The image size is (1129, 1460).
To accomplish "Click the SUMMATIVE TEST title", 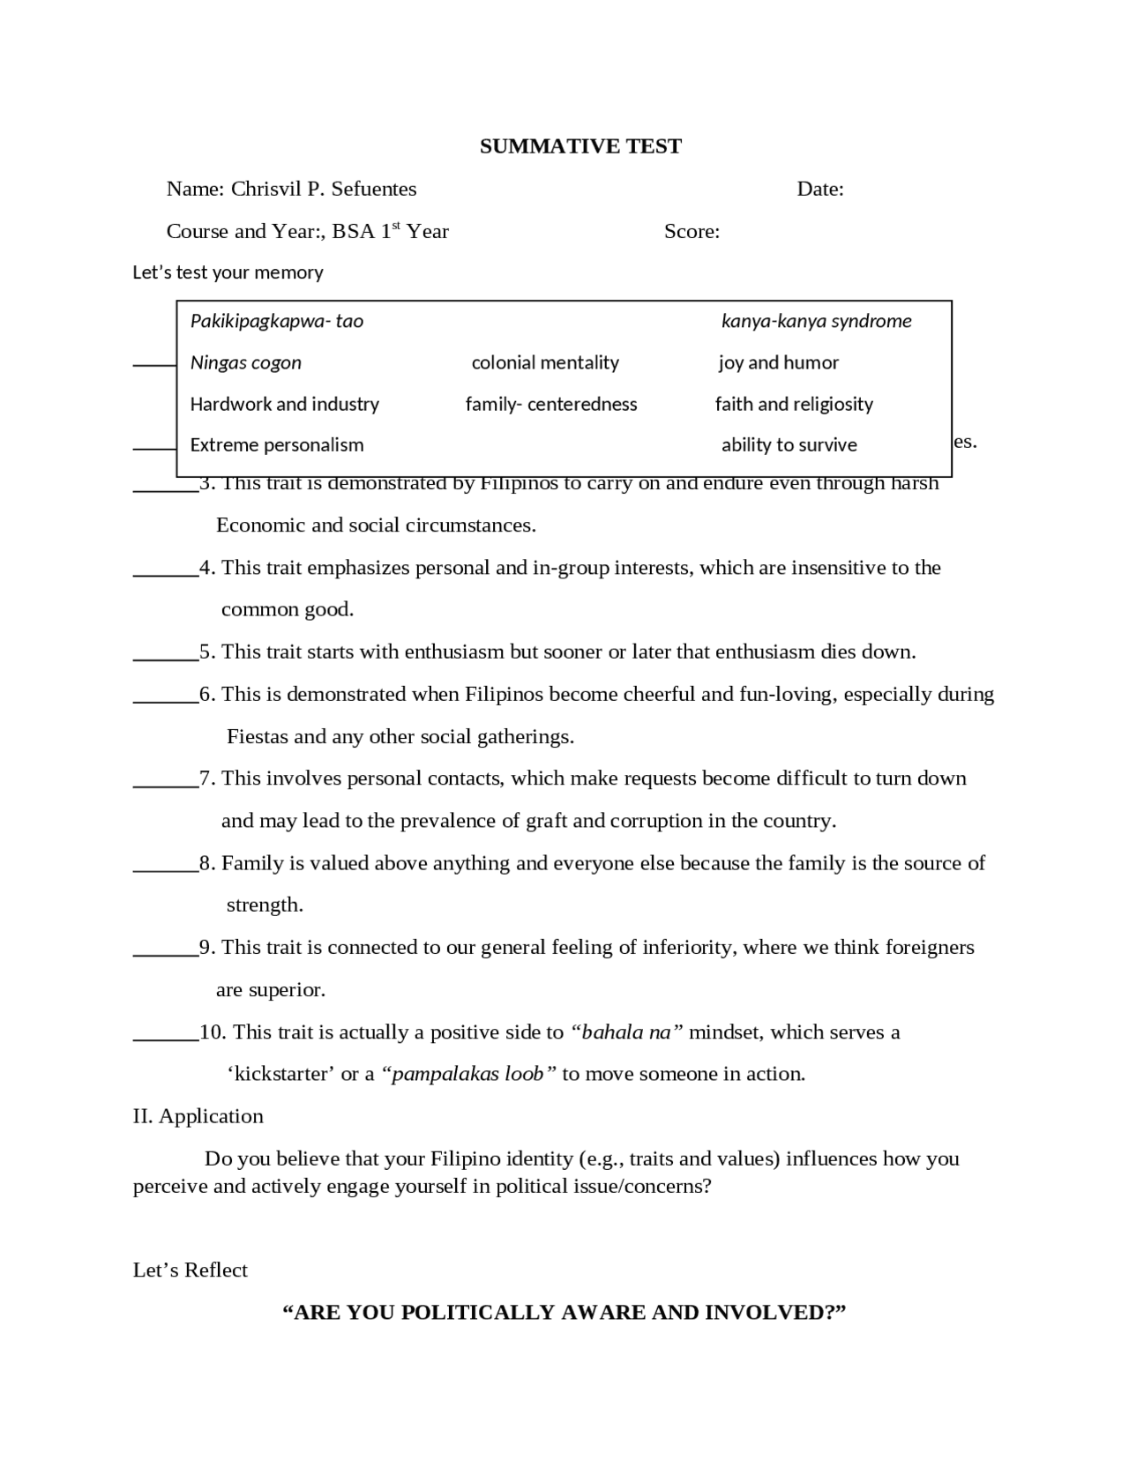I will point(580,146).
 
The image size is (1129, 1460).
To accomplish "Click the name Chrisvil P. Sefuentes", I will point(323,189).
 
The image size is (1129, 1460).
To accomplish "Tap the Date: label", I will point(819,189).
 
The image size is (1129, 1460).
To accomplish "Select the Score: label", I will point(692,231).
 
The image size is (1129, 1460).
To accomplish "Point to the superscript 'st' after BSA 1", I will point(396,226).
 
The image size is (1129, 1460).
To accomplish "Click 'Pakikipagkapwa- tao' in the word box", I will point(276,321).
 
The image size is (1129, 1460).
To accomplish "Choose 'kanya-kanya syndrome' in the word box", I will point(816,321).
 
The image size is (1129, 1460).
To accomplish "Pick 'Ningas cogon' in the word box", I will point(245,362).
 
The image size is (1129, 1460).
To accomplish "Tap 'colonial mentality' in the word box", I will point(545,362).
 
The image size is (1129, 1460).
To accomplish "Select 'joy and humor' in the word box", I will point(778,362).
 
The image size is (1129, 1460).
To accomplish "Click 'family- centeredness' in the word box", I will point(551,404).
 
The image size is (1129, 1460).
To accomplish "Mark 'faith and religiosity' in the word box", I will point(794,404).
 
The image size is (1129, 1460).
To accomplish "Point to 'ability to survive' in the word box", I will point(789,445).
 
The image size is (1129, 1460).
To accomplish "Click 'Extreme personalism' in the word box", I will point(276,445).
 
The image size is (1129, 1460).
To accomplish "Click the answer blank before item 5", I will point(165,653).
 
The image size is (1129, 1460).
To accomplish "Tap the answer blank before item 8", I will point(165,864).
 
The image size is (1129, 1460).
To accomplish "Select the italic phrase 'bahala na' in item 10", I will point(626,1032).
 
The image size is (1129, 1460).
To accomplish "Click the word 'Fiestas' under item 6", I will point(258,736).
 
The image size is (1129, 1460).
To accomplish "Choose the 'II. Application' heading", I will point(198,1116).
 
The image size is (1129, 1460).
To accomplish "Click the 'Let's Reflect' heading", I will point(190,1270).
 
